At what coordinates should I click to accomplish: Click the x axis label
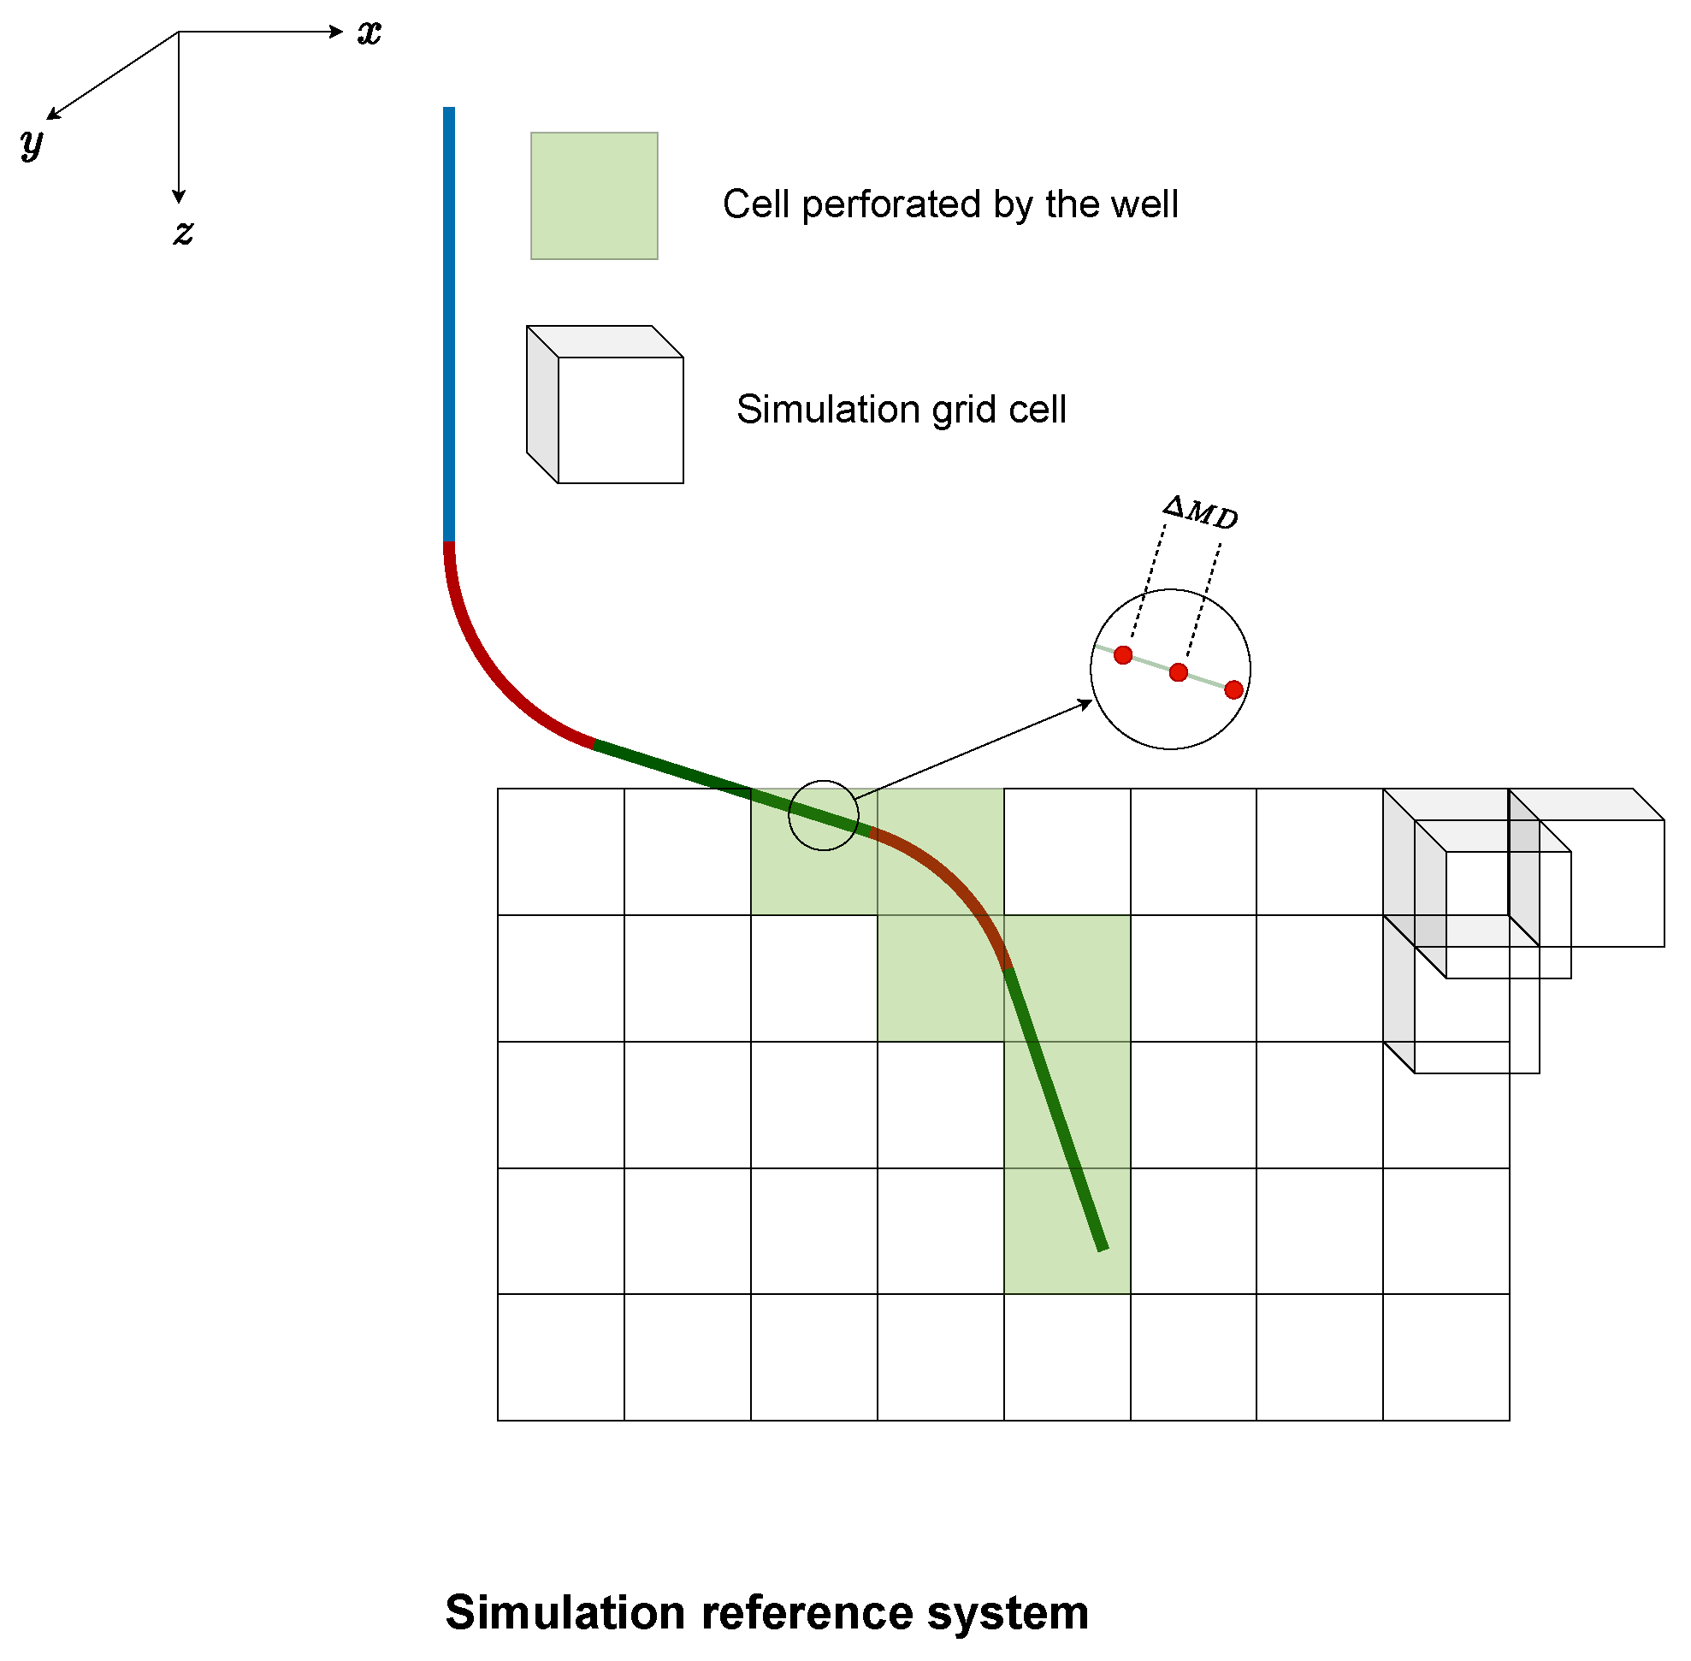[370, 33]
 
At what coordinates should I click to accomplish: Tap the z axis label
[183, 232]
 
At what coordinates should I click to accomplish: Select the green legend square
[594, 196]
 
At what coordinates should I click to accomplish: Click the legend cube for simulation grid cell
[606, 405]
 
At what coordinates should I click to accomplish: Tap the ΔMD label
[1201, 512]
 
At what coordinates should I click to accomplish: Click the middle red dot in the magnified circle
[1179, 672]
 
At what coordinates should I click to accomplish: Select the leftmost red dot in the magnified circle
[1124, 655]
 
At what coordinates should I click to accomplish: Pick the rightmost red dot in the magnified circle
[1233, 691]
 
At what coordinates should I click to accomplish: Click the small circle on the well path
[824, 816]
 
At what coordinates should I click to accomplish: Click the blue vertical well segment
[449, 322]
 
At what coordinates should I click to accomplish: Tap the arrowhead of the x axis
[338, 33]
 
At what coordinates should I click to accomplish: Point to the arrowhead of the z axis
[179, 198]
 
